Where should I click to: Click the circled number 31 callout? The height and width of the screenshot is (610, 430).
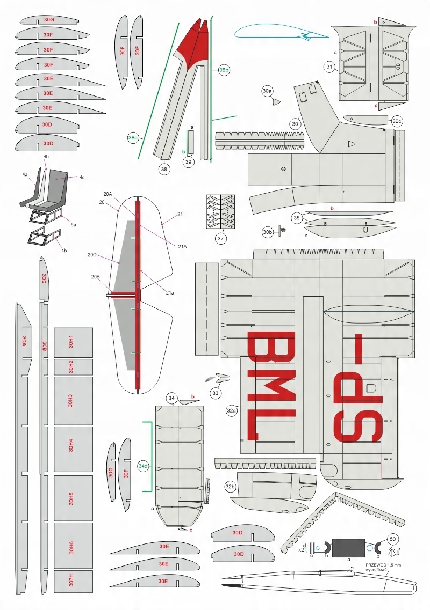330,67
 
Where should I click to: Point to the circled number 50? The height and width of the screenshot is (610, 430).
392,539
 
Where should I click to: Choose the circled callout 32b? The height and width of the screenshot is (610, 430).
231,487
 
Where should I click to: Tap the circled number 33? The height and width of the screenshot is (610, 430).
216,393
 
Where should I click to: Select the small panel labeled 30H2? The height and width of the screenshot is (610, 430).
73,367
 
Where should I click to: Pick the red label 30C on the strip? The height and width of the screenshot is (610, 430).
44,278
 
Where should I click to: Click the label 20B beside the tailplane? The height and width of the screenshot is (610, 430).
96,277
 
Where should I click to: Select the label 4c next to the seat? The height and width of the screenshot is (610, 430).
82,178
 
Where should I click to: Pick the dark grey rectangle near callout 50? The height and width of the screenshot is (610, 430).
349,548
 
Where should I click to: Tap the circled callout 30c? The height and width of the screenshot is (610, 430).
397,121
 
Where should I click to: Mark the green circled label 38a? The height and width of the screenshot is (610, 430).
133,138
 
